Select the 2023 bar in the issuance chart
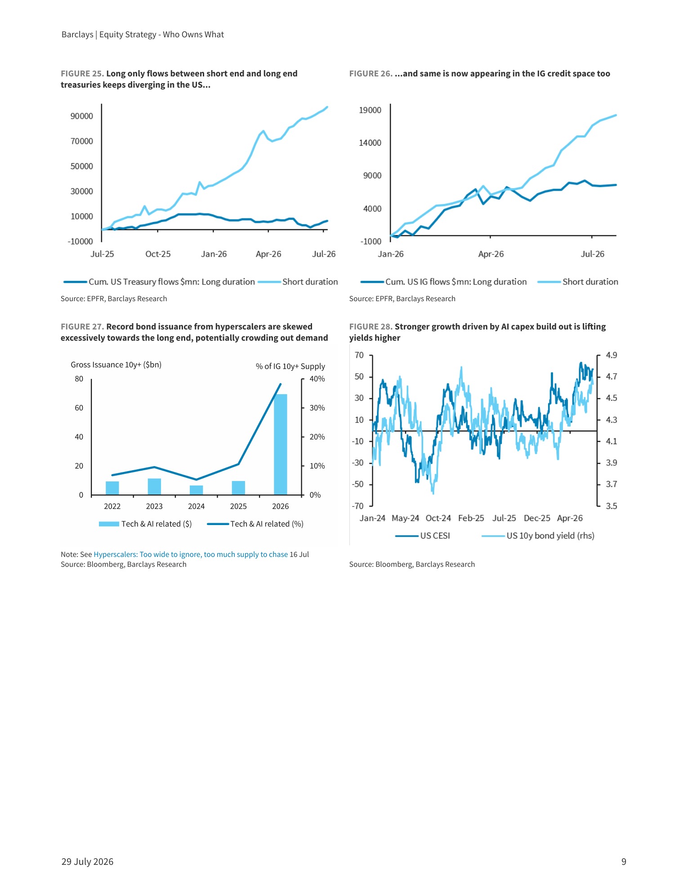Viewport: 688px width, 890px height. pos(154,487)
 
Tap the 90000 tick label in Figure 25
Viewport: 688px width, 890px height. pos(82,116)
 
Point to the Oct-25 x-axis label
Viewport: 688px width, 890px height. pos(158,254)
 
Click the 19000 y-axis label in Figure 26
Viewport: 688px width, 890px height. pos(370,110)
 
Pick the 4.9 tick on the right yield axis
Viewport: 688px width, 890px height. pos(612,355)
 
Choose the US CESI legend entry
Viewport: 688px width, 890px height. pos(423,536)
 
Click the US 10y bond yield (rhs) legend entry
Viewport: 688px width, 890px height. pos(538,536)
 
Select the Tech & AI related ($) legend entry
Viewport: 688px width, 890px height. pos(145,524)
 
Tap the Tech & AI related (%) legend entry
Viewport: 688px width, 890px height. pos(255,524)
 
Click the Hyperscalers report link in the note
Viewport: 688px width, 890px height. pos(191,554)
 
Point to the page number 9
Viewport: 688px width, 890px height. pos(624,862)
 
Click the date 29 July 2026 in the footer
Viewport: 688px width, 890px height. pos(87,862)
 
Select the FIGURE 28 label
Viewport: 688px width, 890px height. pos(371,327)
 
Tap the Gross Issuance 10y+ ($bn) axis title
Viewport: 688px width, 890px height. pos(116,365)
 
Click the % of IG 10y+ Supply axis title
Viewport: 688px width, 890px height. pos(290,366)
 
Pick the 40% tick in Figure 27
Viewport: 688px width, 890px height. pos(317,379)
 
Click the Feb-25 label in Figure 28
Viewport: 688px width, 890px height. pos(471,518)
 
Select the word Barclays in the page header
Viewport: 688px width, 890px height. pos(77,35)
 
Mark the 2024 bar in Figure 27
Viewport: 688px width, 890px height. pos(197,490)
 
